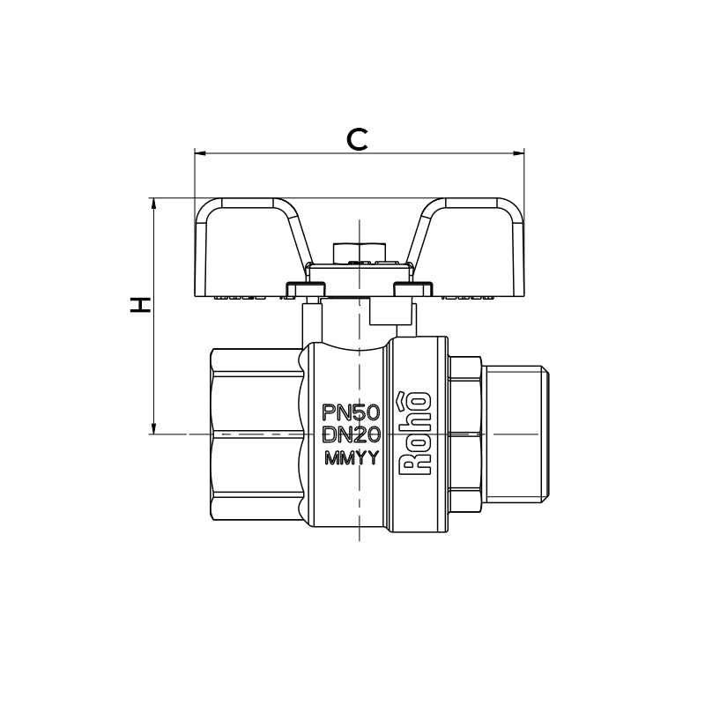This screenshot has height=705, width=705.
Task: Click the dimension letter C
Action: click(357, 139)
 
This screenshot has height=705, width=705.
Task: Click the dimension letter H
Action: click(139, 305)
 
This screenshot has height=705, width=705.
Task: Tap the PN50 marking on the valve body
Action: click(352, 412)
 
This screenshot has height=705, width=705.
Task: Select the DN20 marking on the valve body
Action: click(352, 434)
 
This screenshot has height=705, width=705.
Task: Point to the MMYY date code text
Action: click(352, 457)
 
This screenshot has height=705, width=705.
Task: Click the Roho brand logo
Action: click(416, 434)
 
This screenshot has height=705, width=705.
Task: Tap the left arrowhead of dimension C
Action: click(200, 153)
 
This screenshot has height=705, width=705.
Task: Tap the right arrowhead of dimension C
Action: click(519, 153)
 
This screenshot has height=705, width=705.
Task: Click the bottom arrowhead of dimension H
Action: click(153, 428)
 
